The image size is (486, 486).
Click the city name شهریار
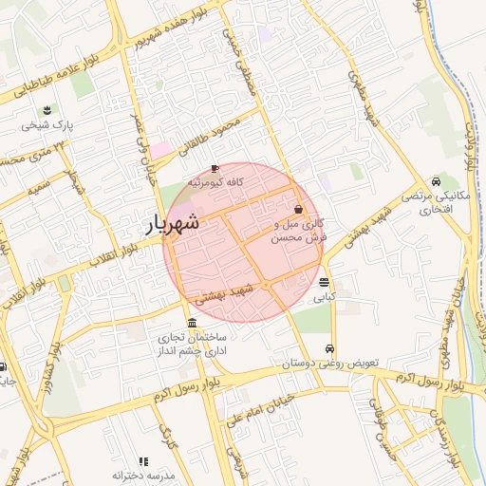[173, 223]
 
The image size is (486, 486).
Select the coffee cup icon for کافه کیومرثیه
[215, 168]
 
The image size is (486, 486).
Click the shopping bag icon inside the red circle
[299, 209]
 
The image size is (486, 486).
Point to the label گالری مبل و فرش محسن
[299, 231]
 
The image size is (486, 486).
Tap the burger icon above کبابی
[325, 282]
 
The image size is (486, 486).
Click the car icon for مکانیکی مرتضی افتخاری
[435, 181]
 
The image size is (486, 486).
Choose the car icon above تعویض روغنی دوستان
[329, 348]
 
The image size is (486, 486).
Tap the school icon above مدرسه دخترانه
[143, 460]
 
